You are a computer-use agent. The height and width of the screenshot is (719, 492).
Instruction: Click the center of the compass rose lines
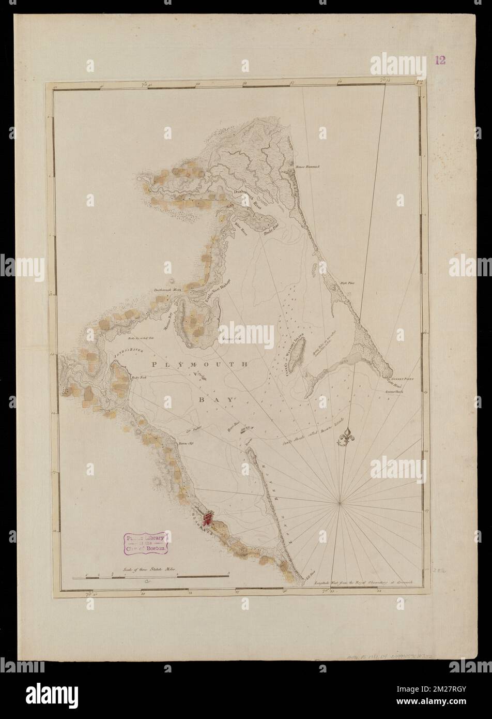340,501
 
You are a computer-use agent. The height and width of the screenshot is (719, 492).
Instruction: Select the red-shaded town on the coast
209,517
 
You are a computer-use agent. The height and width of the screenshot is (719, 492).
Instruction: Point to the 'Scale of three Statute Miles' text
150,568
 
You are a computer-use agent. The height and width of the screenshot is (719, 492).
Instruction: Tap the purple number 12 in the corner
440,61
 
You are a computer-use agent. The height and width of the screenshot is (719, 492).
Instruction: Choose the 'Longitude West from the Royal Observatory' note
370,582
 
